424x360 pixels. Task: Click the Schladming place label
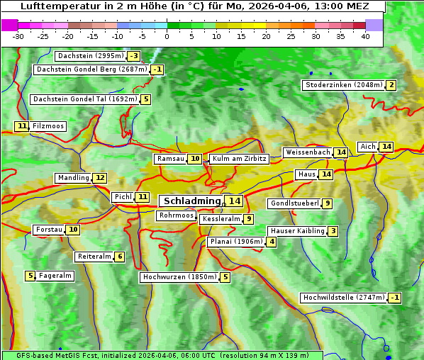click(x=191, y=201)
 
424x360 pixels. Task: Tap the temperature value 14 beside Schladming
click(x=234, y=201)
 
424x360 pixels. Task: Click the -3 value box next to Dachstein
click(x=133, y=56)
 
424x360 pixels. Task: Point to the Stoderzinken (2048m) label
click(x=343, y=85)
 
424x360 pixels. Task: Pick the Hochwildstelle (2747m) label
click(x=344, y=298)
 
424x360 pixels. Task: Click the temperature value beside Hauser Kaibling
click(x=333, y=231)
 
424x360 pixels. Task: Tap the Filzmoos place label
click(x=48, y=126)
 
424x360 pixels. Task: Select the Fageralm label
click(x=55, y=276)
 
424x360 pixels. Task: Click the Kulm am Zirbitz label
click(x=239, y=159)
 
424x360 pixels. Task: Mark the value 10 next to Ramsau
click(x=194, y=159)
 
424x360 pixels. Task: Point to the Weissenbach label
click(x=308, y=152)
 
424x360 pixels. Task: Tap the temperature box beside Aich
click(x=386, y=147)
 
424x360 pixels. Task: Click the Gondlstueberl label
click(x=294, y=203)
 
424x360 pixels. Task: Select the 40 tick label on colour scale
click(x=365, y=36)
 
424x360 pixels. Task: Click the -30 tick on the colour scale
click(x=18, y=36)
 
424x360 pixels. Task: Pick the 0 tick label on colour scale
click(x=167, y=36)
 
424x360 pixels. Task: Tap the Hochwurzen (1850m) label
click(x=178, y=277)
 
